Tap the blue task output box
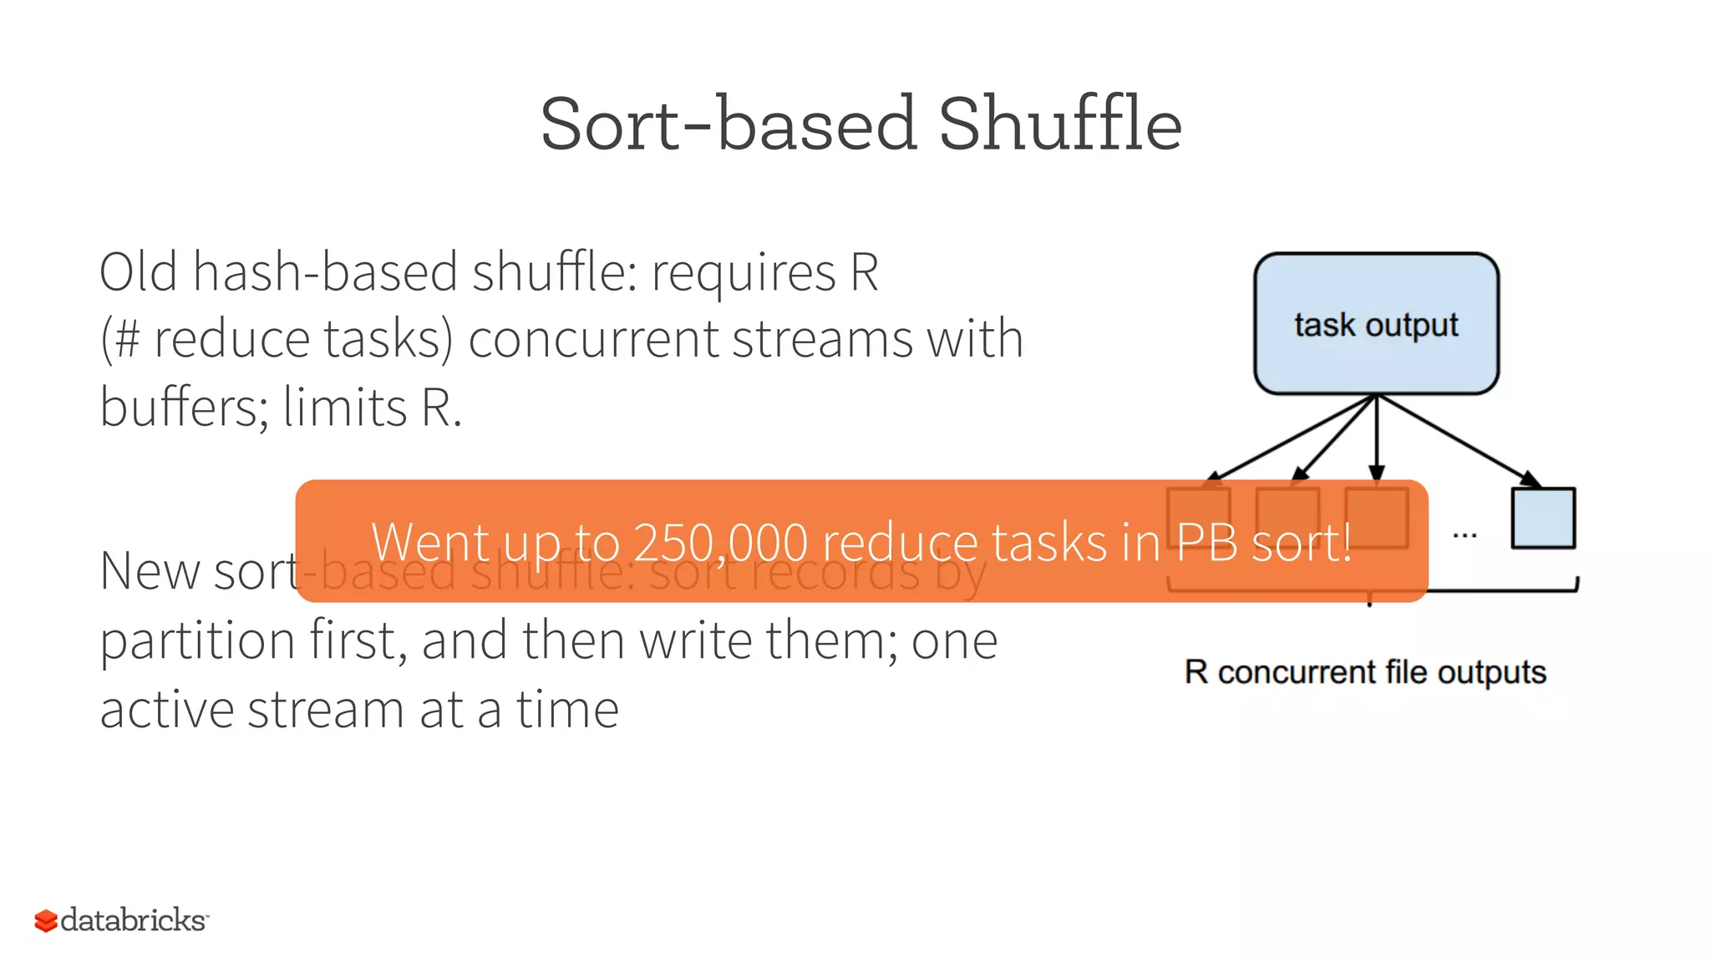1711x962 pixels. point(1376,324)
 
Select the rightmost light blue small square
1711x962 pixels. point(1543,519)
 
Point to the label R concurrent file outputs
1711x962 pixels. point(1365,672)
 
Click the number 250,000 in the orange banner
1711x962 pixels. point(721,543)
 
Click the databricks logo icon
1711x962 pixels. point(46,921)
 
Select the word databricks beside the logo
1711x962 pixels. point(134,920)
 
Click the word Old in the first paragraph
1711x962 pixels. point(139,272)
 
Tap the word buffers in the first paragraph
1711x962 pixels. point(182,408)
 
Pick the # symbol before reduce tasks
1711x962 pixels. point(126,340)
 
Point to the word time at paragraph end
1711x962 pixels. point(567,710)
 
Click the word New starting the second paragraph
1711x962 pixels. point(150,572)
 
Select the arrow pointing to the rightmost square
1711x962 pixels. point(1462,443)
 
